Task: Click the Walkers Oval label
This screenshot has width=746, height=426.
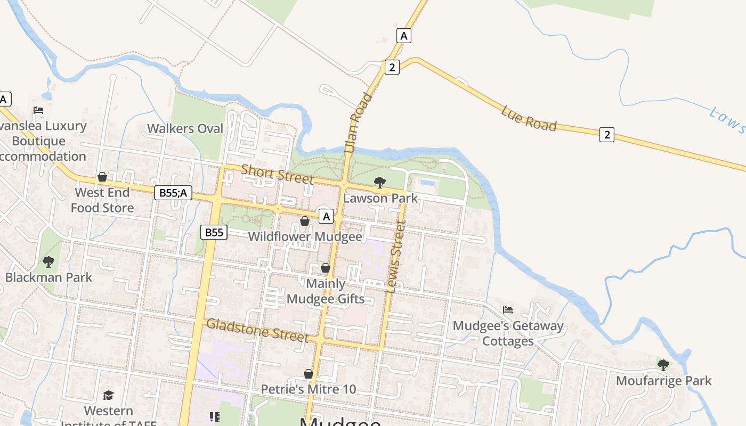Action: click(185, 128)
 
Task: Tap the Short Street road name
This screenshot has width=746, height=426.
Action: click(277, 174)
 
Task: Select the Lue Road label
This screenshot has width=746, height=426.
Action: click(529, 118)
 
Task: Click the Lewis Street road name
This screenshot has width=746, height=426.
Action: click(395, 257)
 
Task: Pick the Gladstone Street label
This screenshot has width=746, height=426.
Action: click(257, 330)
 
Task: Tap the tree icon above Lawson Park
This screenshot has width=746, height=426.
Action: click(380, 183)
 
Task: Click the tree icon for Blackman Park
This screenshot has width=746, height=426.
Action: click(48, 262)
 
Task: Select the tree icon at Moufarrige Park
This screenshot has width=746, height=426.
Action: click(663, 365)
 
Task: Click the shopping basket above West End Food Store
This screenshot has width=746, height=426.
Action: click(102, 177)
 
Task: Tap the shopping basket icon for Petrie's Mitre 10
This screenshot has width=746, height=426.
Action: click(309, 374)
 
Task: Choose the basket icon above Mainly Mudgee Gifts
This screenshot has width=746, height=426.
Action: click(326, 268)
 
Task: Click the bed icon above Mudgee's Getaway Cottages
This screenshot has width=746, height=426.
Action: click(508, 309)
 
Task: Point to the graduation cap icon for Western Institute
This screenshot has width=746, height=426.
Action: click(109, 395)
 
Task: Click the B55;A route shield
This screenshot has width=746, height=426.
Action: click(173, 193)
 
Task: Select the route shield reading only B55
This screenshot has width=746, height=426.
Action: click(214, 232)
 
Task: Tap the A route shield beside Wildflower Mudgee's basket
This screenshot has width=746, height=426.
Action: click(326, 216)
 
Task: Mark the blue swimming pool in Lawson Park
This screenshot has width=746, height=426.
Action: click(427, 182)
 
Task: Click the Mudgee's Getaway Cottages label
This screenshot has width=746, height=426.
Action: click(508, 333)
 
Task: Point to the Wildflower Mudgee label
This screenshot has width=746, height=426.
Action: click(305, 236)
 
